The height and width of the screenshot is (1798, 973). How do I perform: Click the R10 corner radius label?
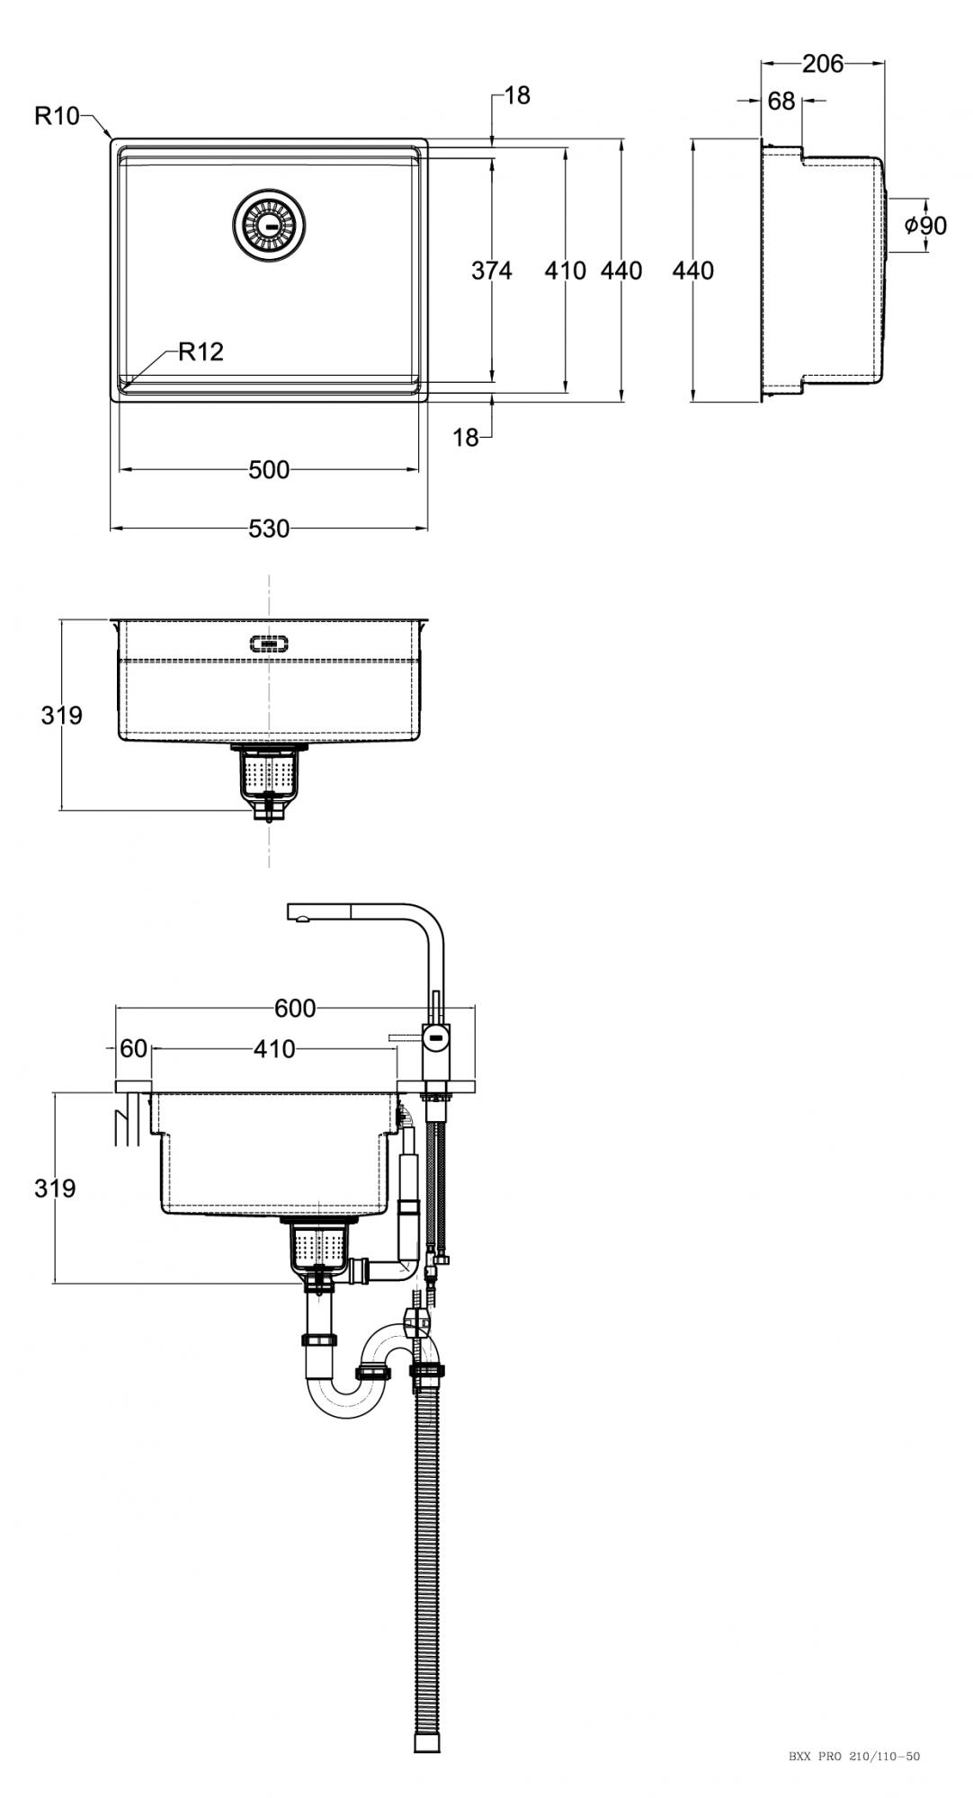point(58,115)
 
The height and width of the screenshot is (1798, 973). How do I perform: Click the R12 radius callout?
point(201,352)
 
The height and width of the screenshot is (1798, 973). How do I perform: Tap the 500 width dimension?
point(269,469)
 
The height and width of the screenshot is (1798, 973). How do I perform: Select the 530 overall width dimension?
point(269,529)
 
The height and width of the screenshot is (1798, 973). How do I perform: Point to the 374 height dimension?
point(492,270)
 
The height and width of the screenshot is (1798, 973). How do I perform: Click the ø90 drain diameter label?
point(925,225)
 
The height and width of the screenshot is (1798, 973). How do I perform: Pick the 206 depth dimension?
point(823,63)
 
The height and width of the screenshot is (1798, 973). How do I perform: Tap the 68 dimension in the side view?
point(781,101)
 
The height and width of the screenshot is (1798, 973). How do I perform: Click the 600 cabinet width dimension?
point(295,1009)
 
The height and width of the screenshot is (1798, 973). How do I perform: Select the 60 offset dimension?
point(133,1048)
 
